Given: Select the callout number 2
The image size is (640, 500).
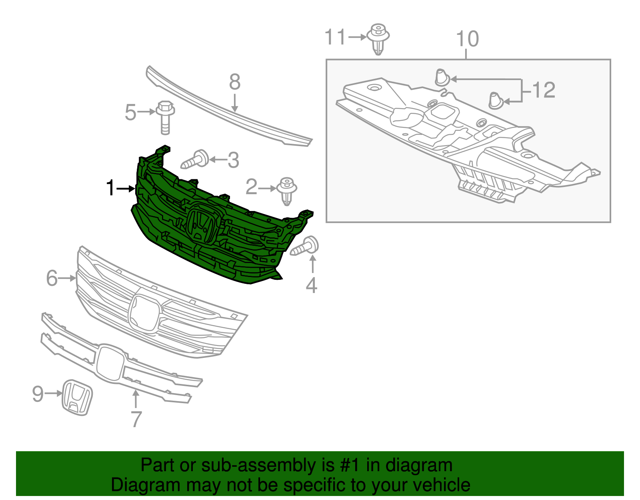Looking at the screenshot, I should (251, 187).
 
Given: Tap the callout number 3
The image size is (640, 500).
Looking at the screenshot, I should (234, 160).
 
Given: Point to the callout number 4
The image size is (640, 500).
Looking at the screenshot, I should (312, 285).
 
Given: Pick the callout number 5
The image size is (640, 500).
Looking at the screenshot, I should (130, 112).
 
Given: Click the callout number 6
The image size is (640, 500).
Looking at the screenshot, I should (52, 278).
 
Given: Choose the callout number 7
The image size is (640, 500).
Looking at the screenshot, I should (136, 419).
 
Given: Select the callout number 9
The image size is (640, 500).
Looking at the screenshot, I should (38, 394).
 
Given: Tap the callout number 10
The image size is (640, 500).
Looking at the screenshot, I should (467, 39).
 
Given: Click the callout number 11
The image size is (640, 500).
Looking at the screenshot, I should (335, 37).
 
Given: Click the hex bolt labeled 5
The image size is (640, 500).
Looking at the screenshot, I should (166, 117).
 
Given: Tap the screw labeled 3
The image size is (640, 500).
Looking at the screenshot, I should (196, 160).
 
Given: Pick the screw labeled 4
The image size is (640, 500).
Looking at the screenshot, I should (305, 246).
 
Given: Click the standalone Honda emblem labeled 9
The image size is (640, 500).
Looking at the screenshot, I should (77, 397).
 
